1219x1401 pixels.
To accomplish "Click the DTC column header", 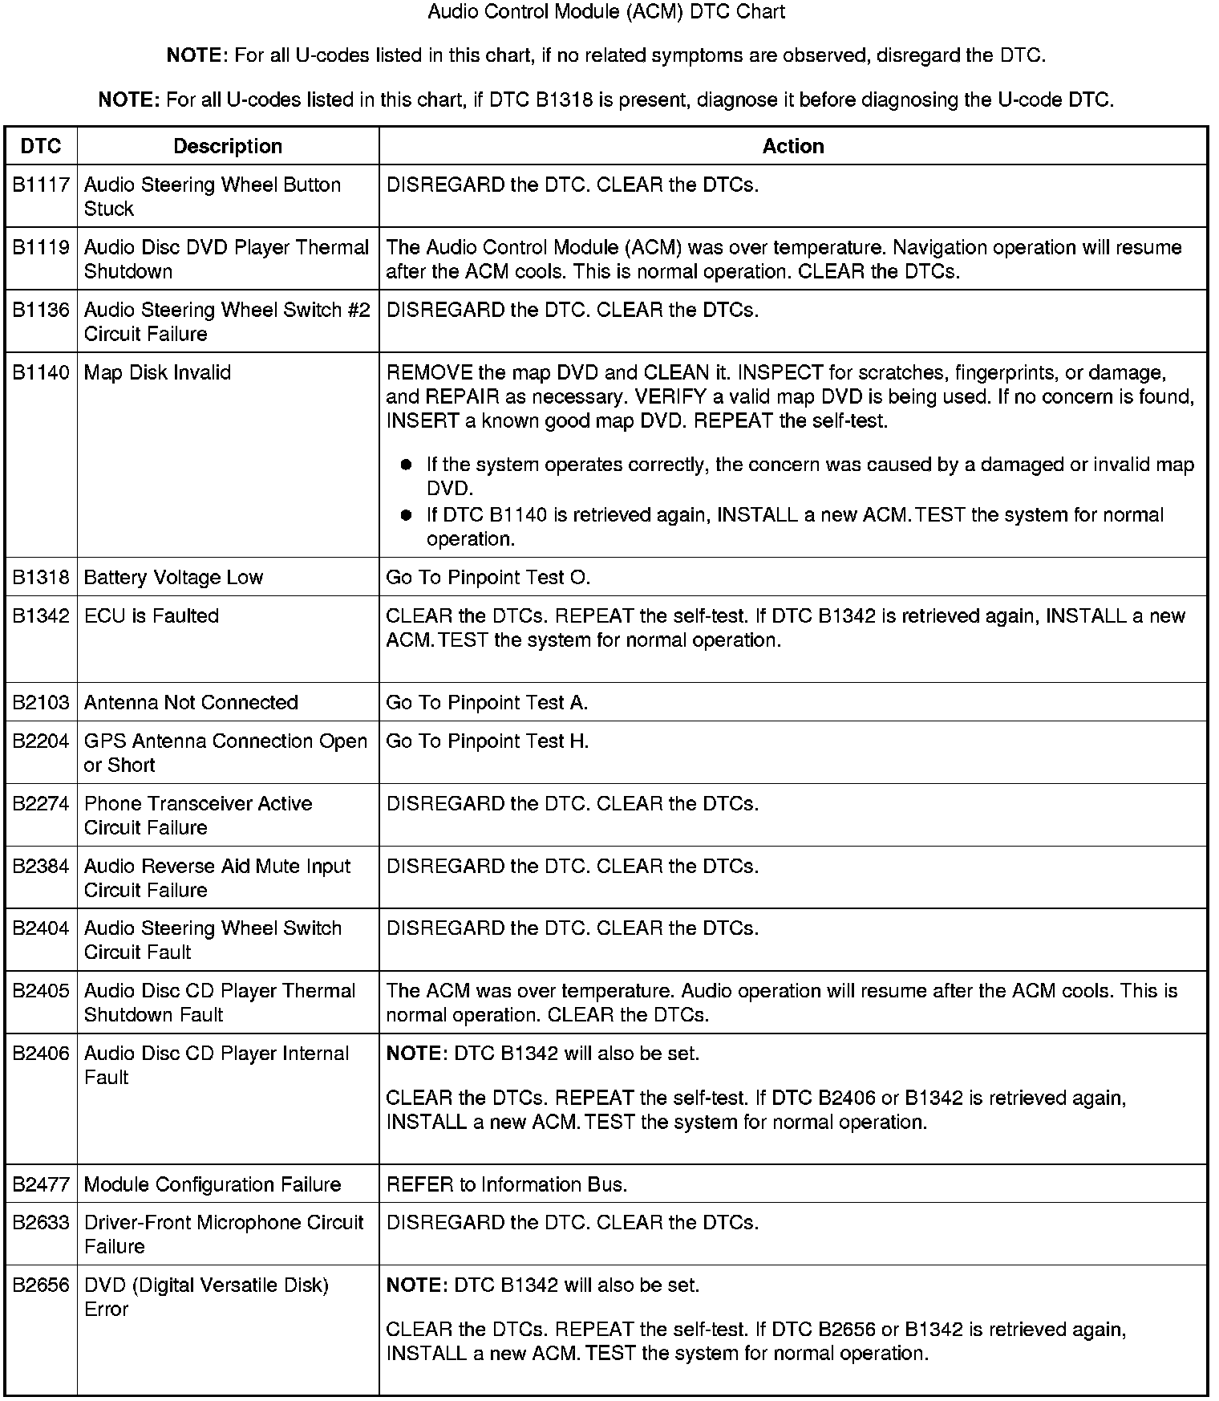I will coord(41,146).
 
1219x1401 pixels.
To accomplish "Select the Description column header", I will coord(228,146).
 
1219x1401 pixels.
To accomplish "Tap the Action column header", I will coord(793,146).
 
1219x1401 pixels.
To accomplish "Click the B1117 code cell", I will coord(41,185).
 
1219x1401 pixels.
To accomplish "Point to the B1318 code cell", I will coord(41,578).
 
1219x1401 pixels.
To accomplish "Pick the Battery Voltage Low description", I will coord(173,578).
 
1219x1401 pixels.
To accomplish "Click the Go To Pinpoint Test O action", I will coord(488,578).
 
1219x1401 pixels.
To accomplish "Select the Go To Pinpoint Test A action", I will coord(487,703).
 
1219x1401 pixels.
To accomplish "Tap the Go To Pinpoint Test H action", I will coord(488,741).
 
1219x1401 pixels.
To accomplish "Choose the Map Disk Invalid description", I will coord(157,373).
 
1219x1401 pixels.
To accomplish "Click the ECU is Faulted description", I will coord(151,616).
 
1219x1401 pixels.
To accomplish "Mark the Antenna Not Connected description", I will coord(191,703).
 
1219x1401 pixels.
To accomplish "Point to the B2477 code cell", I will coord(41,1185).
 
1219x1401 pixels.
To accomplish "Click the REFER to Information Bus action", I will coord(507,1185).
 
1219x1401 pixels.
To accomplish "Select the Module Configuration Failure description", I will coord(213,1185).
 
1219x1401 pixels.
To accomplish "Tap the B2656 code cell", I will coord(41,1285).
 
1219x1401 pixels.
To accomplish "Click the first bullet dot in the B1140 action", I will coord(406,465).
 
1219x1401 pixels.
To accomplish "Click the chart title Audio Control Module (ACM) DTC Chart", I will coord(606,12).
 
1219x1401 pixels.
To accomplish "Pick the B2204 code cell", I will coord(41,741).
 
